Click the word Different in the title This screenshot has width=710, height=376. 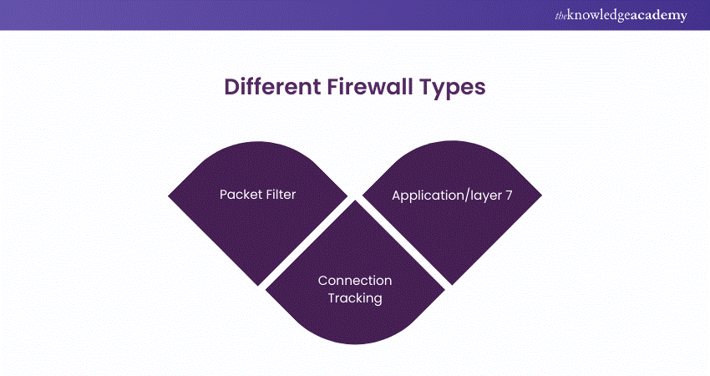(x=266, y=88)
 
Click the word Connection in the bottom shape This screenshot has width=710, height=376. (x=354, y=281)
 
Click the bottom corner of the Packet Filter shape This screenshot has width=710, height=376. (x=260, y=285)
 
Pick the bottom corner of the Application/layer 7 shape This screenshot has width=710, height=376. (x=450, y=284)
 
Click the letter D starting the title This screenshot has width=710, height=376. (x=231, y=88)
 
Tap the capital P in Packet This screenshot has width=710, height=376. (x=224, y=195)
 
